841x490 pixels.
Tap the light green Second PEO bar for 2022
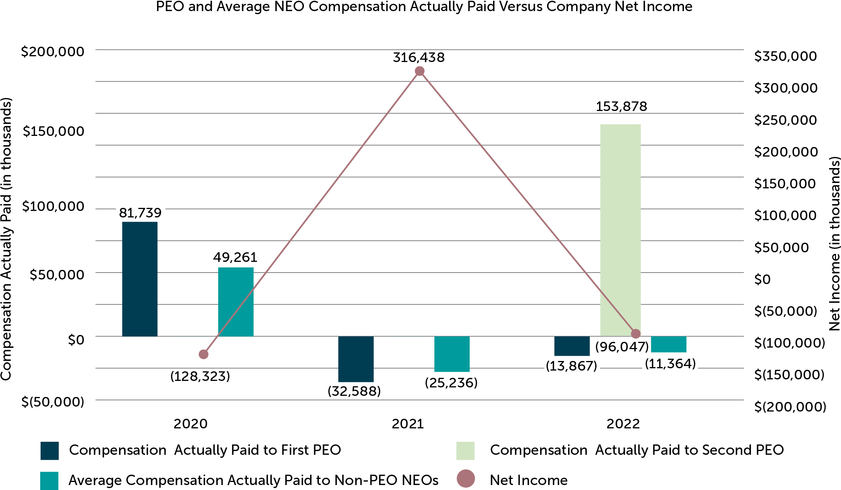(x=620, y=230)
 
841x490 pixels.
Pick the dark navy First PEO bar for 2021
(x=356, y=359)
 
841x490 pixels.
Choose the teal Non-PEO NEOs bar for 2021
(x=452, y=354)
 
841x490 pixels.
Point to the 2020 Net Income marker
(x=204, y=354)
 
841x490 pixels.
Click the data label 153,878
(x=621, y=106)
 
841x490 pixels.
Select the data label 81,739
(x=140, y=213)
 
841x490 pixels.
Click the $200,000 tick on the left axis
(x=52, y=52)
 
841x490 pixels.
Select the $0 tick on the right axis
(x=762, y=279)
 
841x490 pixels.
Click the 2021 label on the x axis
(x=408, y=424)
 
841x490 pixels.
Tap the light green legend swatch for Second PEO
(x=465, y=451)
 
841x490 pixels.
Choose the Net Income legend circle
(x=466, y=479)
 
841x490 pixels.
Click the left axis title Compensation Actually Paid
(x=7, y=239)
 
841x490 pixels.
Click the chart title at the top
(x=424, y=7)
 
